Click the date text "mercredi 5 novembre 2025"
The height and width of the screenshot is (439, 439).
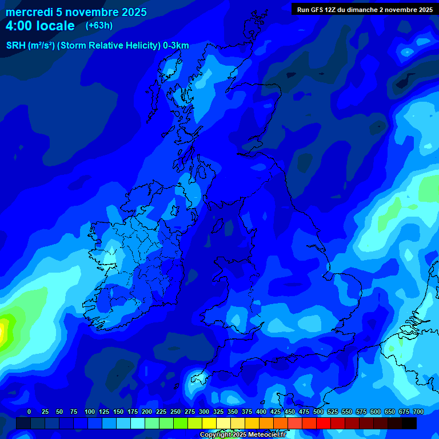coord(76,12)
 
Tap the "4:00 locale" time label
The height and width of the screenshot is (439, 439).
coord(40,26)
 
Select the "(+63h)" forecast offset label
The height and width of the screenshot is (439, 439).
coord(99,26)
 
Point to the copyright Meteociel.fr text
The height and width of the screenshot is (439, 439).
coord(243,435)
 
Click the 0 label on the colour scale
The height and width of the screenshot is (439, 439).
coord(29,412)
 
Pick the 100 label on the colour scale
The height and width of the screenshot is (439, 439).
coord(90,412)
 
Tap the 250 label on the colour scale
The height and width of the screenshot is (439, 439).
coord(175,412)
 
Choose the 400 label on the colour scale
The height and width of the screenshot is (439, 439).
coord(261,412)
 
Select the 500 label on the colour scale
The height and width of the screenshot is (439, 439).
coord(318,412)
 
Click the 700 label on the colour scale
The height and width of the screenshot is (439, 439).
coord(418,412)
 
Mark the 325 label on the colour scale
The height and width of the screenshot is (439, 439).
coord(218,412)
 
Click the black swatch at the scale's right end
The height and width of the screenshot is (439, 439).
coord(409,423)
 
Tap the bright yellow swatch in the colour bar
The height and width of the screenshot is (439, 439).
coord(209,423)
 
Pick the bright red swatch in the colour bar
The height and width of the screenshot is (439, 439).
coord(309,423)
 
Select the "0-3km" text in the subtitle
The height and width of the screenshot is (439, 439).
coord(176,46)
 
